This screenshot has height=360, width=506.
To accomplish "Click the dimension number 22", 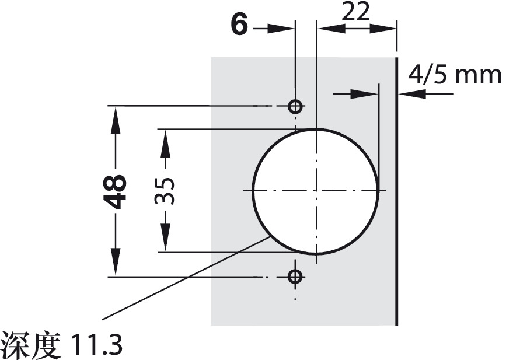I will (x=356, y=12).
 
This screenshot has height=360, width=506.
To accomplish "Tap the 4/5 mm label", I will (x=454, y=75).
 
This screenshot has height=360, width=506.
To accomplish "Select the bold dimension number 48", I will (x=117, y=191).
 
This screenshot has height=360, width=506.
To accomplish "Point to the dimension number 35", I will (x=166, y=190).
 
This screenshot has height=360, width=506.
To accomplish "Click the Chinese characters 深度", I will (x=32, y=345).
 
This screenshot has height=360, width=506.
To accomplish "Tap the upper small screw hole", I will (x=296, y=107).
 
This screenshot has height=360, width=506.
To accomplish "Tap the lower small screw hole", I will (x=296, y=276).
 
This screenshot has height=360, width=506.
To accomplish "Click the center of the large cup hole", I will (x=316, y=191).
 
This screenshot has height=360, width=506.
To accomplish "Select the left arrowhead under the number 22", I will (x=326, y=28).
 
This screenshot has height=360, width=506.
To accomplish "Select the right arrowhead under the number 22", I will (x=388, y=28).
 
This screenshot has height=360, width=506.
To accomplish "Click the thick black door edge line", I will (x=397, y=193).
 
